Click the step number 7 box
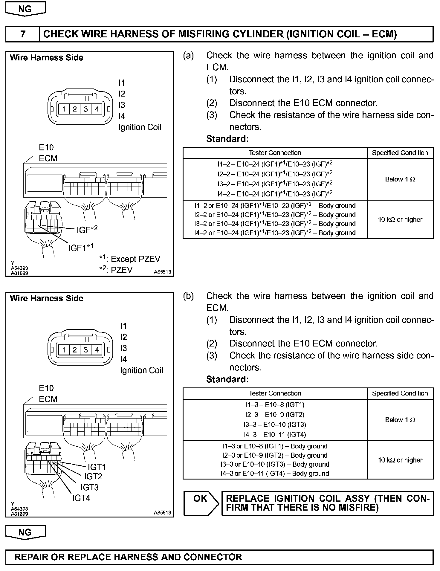[x=23, y=34]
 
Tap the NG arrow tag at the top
[x=25, y=9]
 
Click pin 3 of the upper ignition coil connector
[x=86, y=109]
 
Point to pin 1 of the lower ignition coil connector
[x=64, y=349]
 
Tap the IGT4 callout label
[x=81, y=498]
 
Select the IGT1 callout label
[x=97, y=467]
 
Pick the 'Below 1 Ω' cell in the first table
[x=400, y=179]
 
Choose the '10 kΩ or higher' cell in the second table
[x=400, y=460]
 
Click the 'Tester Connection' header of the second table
[x=275, y=393]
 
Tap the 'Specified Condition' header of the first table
[x=400, y=153]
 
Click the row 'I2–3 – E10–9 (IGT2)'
[x=275, y=415]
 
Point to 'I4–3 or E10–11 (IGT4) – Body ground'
[x=275, y=473]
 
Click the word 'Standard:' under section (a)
[x=227, y=139]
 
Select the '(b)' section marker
[x=188, y=296]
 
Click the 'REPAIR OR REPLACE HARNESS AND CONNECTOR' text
[x=128, y=557]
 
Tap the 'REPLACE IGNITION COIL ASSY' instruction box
[x=327, y=503]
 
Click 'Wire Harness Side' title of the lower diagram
[x=46, y=298]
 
